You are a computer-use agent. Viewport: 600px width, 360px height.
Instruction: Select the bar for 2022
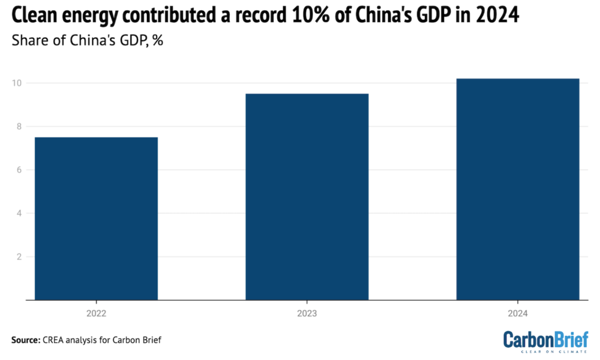(x=96, y=218)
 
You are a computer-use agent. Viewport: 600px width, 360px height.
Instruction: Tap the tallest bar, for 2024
(x=518, y=189)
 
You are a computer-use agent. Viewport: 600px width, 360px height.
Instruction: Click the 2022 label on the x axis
(x=96, y=313)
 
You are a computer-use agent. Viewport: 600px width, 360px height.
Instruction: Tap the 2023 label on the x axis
(x=307, y=313)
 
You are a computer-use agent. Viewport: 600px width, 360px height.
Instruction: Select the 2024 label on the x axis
(x=518, y=313)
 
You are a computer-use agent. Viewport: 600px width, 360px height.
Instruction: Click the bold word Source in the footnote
(x=26, y=340)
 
